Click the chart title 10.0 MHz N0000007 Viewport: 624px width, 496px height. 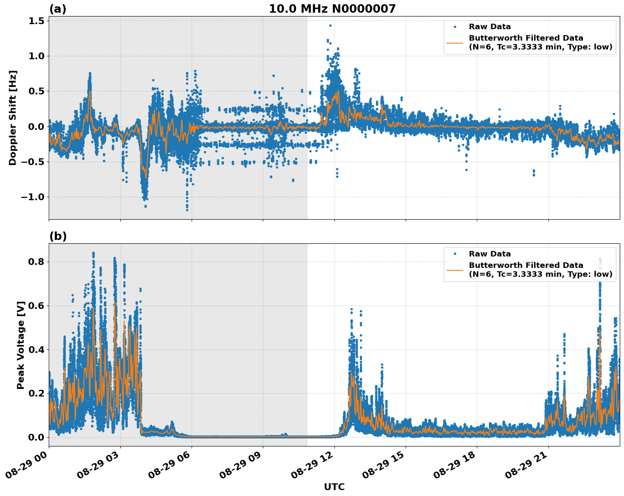(x=332, y=9)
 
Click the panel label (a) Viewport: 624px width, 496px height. (x=58, y=9)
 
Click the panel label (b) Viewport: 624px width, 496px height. (x=58, y=236)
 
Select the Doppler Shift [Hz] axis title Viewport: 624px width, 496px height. (x=13, y=118)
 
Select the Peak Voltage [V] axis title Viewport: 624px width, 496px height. (x=21, y=345)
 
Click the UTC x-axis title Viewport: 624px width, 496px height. (x=334, y=487)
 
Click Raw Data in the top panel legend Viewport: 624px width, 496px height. (x=490, y=27)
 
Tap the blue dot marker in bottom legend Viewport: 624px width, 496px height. (x=455, y=254)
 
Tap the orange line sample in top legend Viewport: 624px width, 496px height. (x=455, y=42)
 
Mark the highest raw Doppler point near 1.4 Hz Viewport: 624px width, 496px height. (x=330, y=25)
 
